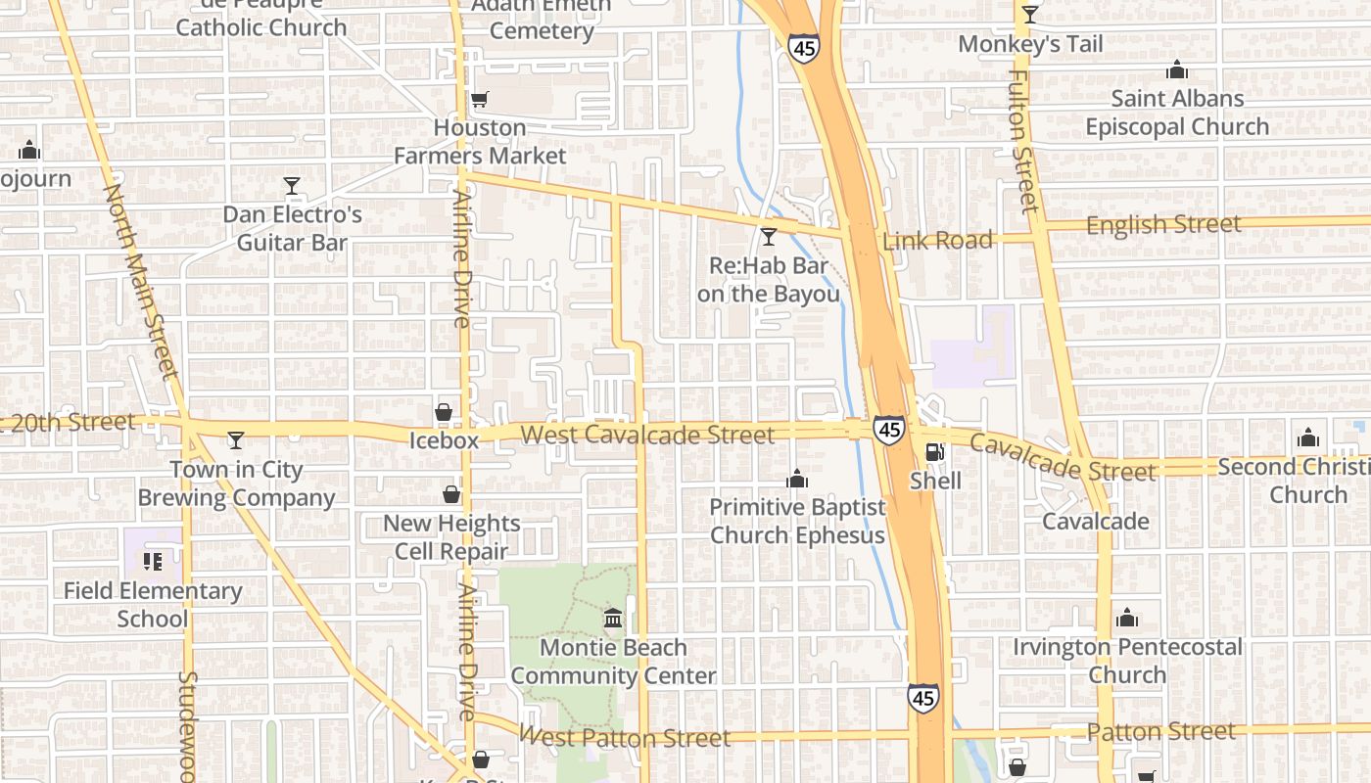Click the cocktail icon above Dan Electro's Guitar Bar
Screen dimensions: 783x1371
(291, 186)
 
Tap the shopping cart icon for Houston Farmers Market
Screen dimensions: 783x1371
(479, 99)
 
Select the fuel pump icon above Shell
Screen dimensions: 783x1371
(935, 452)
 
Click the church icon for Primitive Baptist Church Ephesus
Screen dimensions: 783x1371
(797, 479)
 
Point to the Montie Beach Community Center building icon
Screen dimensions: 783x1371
(614, 619)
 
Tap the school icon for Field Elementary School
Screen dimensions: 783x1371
(152, 562)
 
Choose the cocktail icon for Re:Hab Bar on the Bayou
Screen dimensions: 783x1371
(769, 237)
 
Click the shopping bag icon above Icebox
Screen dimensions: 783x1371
(444, 412)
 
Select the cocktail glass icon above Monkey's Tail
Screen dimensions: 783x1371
(1029, 15)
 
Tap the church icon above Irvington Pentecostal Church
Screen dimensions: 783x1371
(1127, 619)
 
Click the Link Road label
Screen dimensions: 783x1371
(937, 240)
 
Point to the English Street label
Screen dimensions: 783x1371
(1163, 224)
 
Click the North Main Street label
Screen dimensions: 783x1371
(142, 281)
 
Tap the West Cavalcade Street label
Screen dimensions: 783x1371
(647, 434)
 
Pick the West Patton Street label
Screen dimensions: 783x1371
(625, 736)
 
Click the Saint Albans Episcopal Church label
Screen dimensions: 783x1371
(1177, 113)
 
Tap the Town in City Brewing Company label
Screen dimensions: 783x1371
(236, 484)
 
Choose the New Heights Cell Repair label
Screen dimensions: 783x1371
(451, 537)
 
